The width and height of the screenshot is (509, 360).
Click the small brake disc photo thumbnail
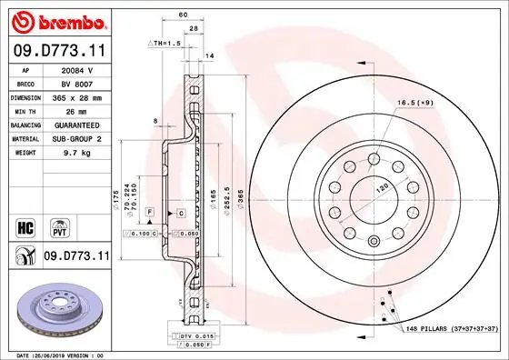point(56,306)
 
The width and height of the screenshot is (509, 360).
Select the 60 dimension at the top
point(183,15)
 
